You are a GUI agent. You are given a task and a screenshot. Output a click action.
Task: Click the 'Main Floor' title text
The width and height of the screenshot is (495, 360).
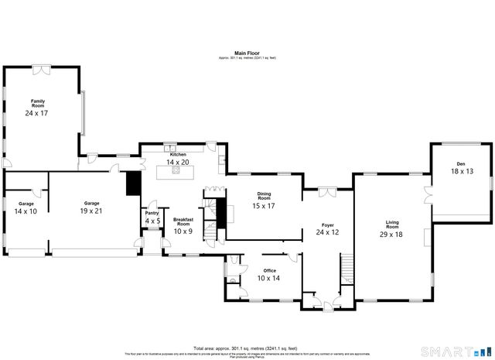(x=247, y=53)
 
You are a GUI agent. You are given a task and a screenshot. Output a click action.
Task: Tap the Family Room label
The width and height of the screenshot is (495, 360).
(x=37, y=103)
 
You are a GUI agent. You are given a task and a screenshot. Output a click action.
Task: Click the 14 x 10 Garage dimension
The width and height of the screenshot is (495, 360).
(x=26, y=211)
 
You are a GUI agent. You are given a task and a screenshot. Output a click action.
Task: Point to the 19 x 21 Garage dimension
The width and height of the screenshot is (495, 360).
(x=90, y=211)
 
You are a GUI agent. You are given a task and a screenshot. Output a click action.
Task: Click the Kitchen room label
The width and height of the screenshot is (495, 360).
(x=179, y=154)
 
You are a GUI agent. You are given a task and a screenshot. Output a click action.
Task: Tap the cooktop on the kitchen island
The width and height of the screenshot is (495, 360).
(x=176, y=172)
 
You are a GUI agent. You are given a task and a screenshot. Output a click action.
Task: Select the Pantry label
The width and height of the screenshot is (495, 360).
(x=152, y=212)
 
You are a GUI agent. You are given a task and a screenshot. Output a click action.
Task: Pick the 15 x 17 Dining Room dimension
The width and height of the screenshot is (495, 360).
(x=263, y=206)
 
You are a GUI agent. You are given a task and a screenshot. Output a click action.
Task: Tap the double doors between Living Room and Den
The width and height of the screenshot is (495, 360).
(x=428, y=194)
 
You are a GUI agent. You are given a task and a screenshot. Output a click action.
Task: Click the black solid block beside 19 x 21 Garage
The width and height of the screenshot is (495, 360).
(x=133, y=184)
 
